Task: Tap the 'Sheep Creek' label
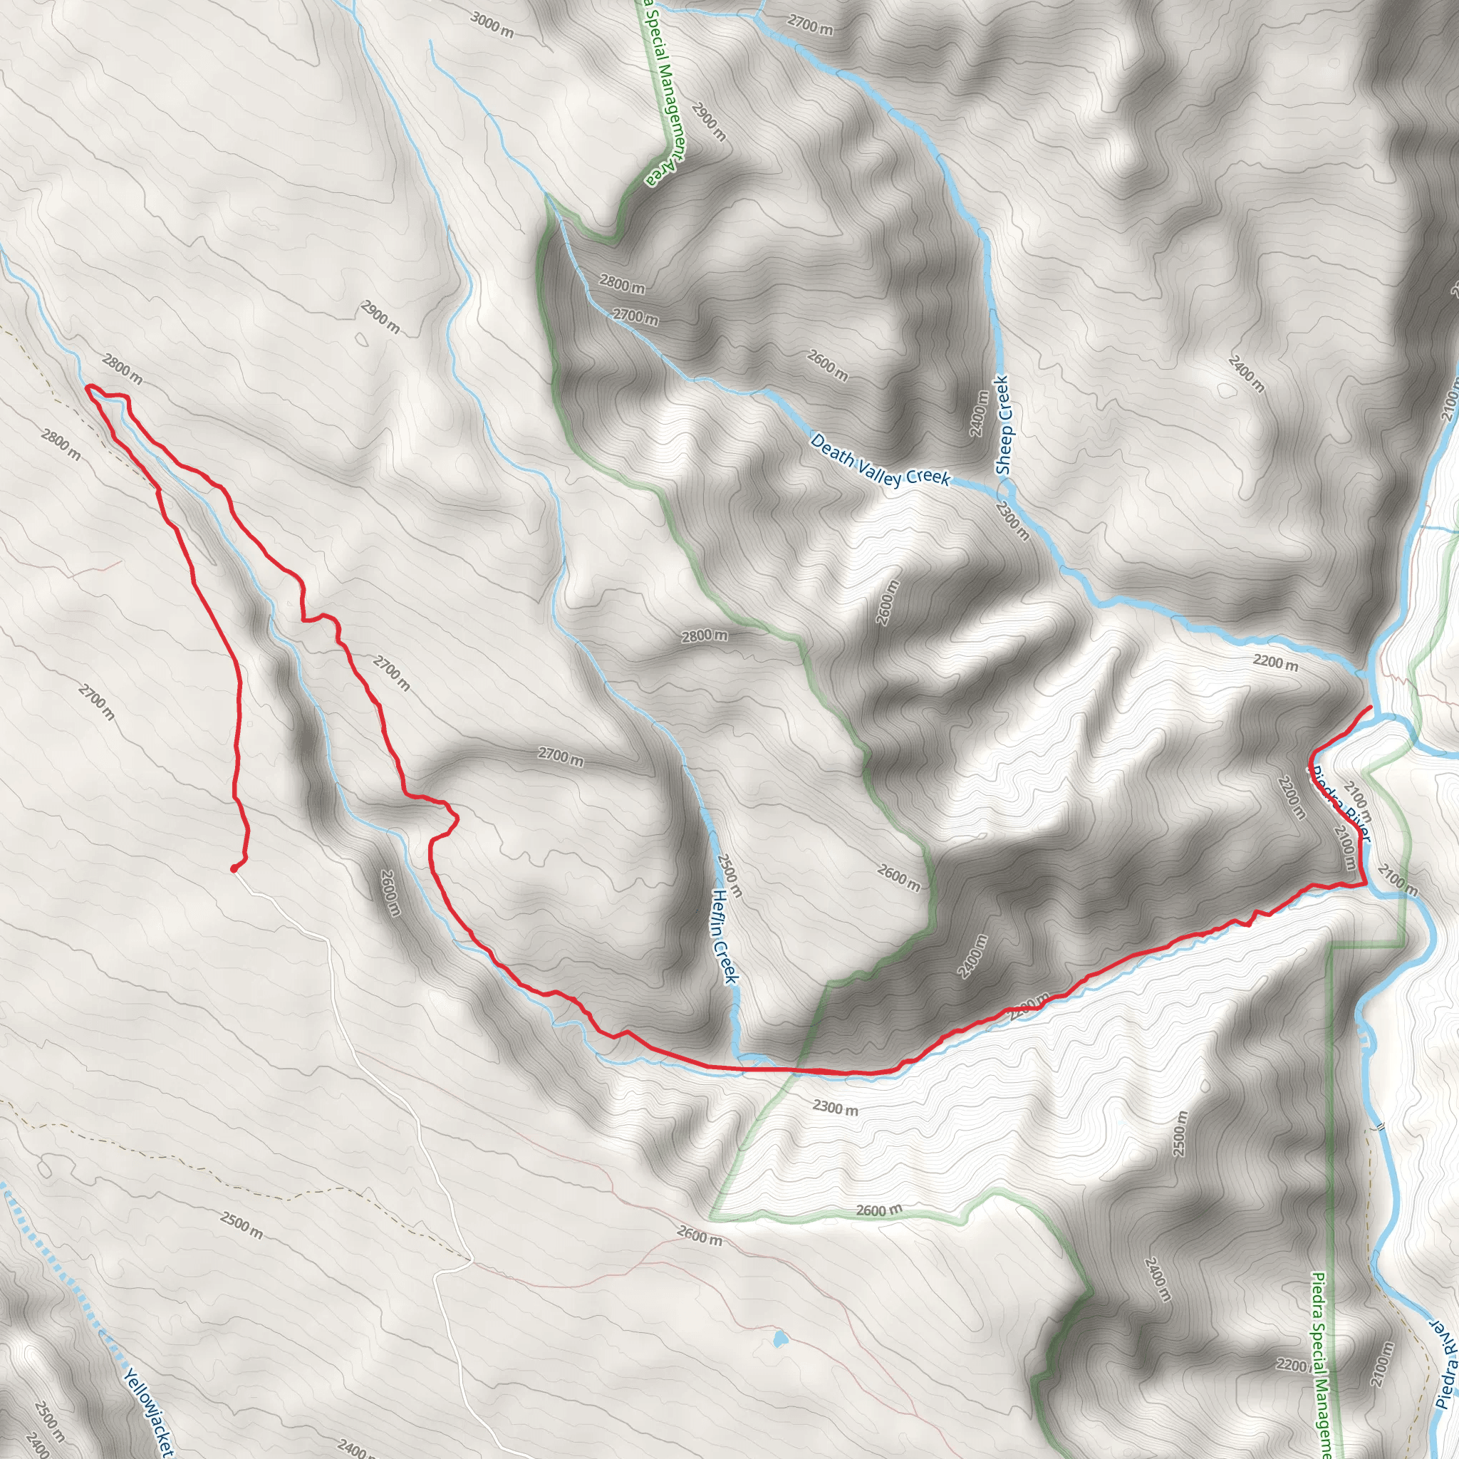coord(1003,425)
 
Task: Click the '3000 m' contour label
coord(492,25)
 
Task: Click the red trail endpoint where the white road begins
coord(234,868)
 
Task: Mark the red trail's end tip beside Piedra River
coord(1371,706)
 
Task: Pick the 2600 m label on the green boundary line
coord(879,1210)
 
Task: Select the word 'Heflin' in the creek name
coord(720,913)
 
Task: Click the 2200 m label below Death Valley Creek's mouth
coord(1275,663)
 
